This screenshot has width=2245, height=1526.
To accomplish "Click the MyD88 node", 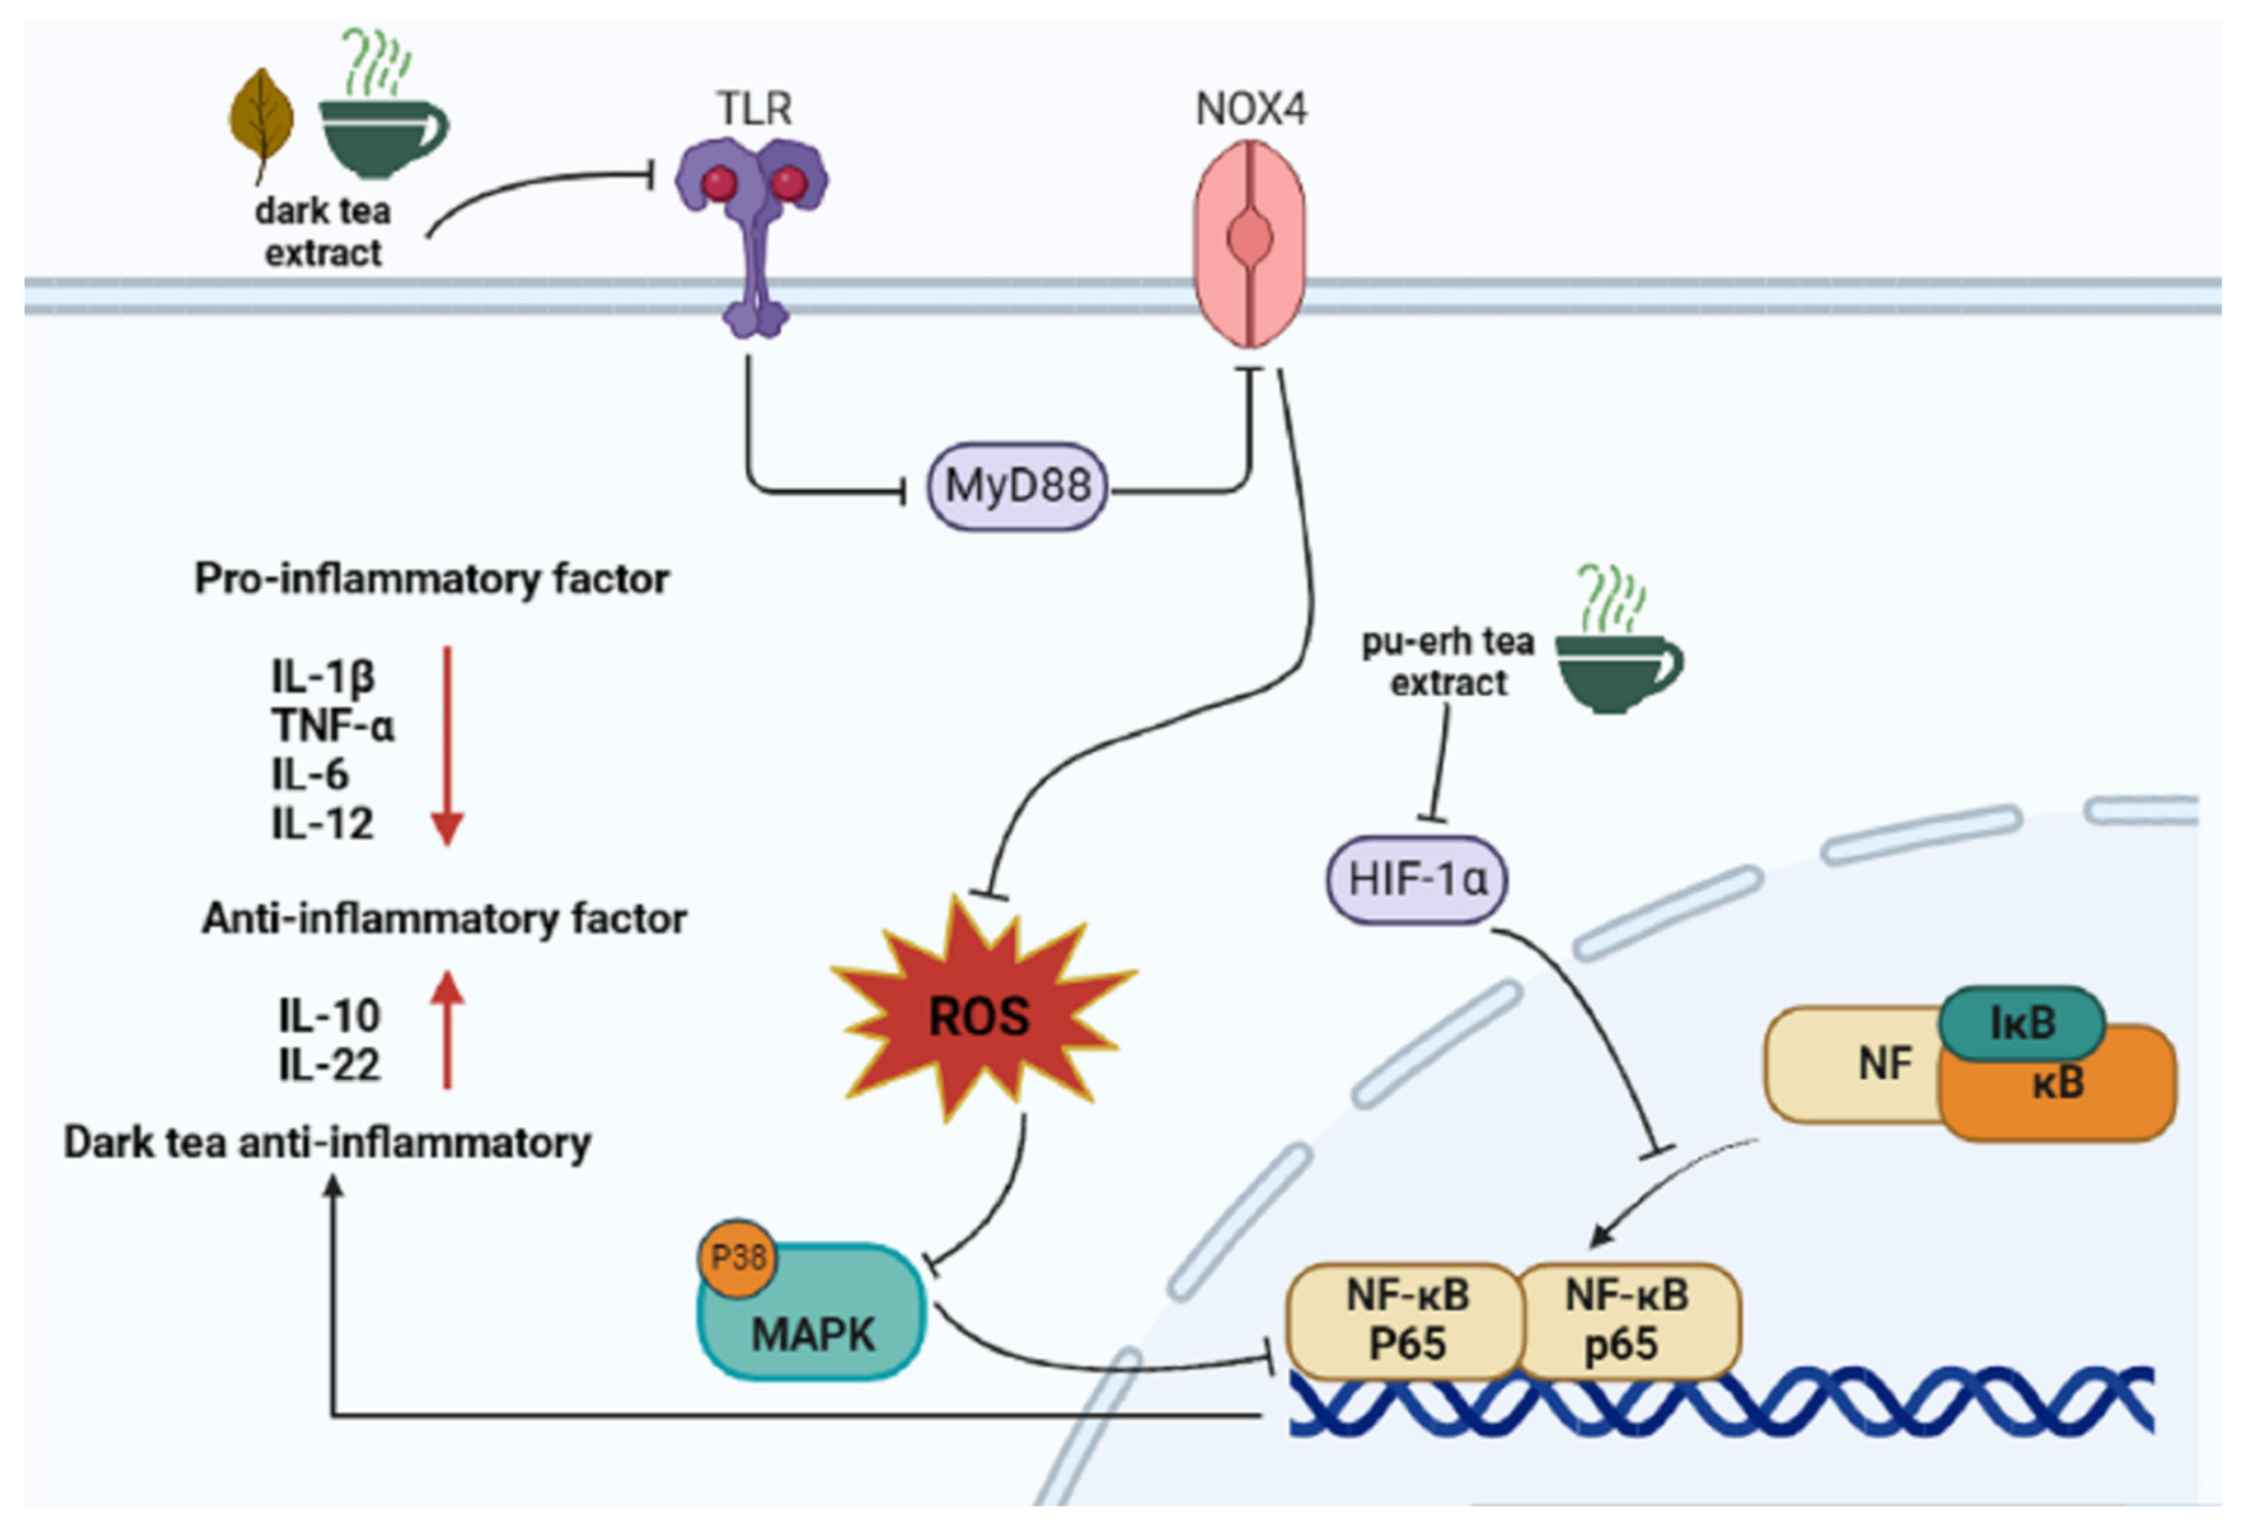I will [1017, 486].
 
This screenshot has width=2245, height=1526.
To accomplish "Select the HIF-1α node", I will [1416, 879].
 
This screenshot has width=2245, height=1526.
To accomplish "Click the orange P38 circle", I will [738, 1257].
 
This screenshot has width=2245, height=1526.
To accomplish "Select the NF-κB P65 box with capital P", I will [1407, 1320].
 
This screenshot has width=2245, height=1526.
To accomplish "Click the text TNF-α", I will [333, 726].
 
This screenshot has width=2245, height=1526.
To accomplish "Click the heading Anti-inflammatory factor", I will [444, 919].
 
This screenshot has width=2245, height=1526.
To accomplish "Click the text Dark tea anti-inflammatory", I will [327, 1142].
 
